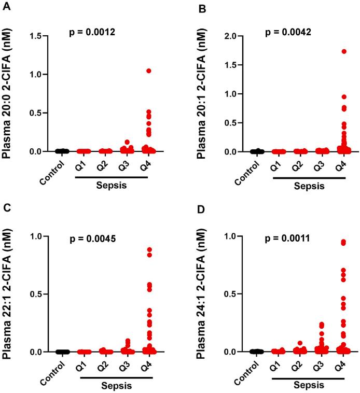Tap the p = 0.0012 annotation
point(93,32)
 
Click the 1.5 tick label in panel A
point(35,36)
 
